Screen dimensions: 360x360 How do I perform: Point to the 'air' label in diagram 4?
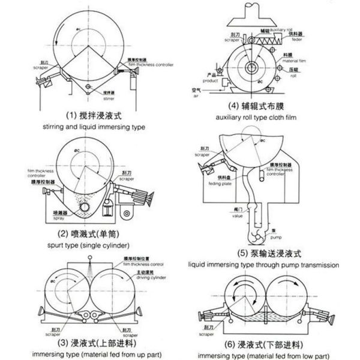[x=195, y=95]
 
